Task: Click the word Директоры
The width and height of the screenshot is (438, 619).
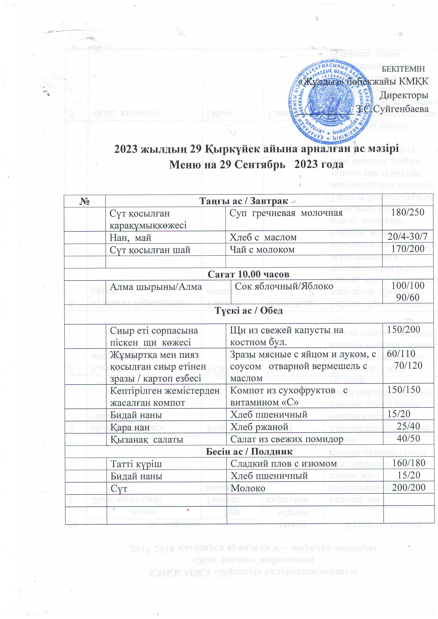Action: [404, 95]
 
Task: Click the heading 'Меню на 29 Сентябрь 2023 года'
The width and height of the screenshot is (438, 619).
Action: [256, 164]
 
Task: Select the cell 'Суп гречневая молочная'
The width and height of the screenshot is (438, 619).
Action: [286, 213]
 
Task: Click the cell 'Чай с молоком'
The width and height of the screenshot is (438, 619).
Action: [262, 250]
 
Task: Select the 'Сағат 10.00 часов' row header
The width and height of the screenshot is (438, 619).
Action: [248, 274]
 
